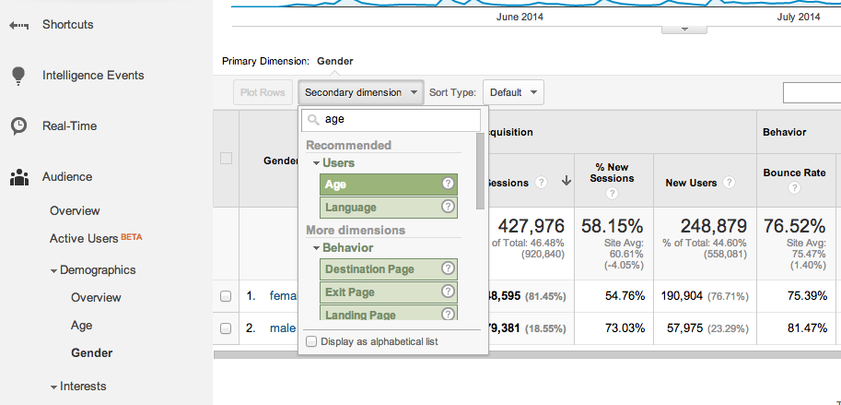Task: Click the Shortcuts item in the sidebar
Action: coord(67,25)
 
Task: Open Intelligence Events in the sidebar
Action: coord(92,76)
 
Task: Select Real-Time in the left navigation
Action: coord(69,126)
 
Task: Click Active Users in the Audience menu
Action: coord(84,239)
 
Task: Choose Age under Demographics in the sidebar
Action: coord(81,326)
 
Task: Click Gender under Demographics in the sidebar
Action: coord(91,353)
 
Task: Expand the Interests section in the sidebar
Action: coord(82,387)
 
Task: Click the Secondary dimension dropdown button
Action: coord(360,92)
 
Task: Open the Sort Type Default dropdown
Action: coord(512,92)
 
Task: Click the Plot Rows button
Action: coord(262,92)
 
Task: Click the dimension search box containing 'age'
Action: coord(391,120)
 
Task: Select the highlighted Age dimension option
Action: coord(389,184)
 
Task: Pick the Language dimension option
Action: coord(389,208)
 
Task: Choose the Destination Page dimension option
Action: coord(389,269)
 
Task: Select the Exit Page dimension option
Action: coord(389,292)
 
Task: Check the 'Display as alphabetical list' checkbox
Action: coord(311,341)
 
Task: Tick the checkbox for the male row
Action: coord(226,328)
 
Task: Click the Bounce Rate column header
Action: coord(794,173)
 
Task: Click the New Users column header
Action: coord(691,183)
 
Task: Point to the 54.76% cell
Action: coord(612,296)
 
